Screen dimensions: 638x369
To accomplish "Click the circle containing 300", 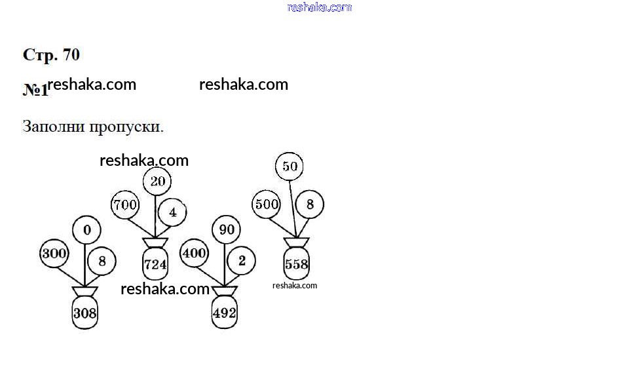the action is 54,254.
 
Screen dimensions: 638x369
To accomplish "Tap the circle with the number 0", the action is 86,229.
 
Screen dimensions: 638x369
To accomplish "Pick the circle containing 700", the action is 125,204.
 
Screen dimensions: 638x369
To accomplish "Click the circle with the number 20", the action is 157,181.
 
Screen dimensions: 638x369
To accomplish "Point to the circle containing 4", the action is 172,212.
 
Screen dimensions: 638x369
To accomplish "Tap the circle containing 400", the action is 194,253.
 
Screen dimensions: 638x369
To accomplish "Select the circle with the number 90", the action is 226,229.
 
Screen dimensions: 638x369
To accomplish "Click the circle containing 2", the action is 241,260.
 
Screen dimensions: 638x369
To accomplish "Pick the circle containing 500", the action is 267,204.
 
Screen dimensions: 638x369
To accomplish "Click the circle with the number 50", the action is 290,166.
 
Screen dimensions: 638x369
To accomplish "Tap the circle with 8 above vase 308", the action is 102,261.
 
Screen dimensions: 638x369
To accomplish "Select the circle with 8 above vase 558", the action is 310,204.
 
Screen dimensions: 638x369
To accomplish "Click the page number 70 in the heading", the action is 71,54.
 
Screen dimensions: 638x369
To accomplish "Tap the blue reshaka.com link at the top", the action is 320,7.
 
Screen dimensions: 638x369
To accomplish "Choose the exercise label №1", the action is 35,90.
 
